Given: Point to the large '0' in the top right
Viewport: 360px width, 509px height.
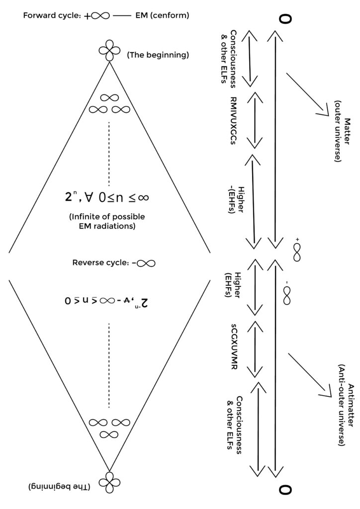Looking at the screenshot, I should (x=285, y=19).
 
